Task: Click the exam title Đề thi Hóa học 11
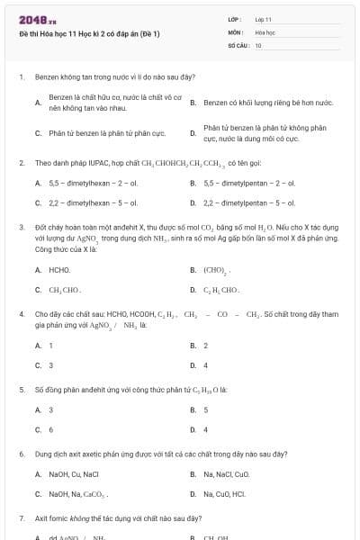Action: pyautogui.click(x=89, y=33)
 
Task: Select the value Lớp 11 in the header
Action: pyautogui.click(x=263, y=19)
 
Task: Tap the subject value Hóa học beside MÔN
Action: pyautogui.click(x=264, y=31)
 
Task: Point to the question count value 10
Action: pyautogui.click(x=258, y=44)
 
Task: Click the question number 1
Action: pyautogui.click(x=21, y=77)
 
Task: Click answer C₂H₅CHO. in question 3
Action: pyautogui.click(x=222, y=290)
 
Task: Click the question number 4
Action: pyautogui.click(x=21, y=314)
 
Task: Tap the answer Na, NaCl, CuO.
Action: pyautogui.click(x=226, y=473)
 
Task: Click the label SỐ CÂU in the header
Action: pyautogui.click(x=237, y=44)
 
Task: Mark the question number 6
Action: pyautogui.click(x=21, y=454)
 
